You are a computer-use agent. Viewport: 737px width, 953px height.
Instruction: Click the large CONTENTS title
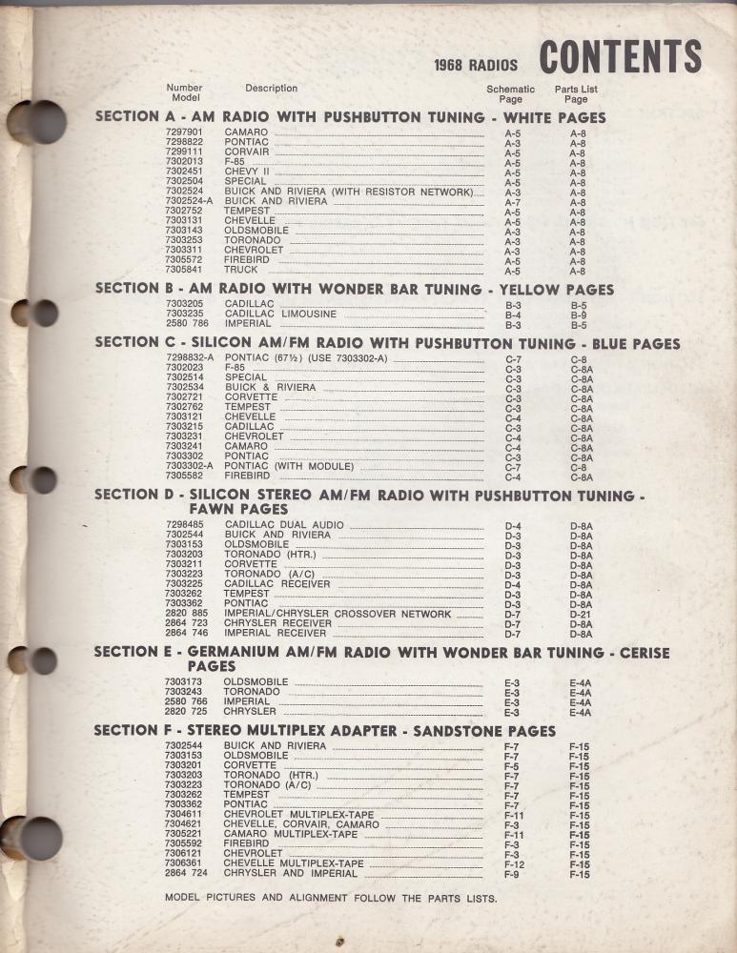point(620,56)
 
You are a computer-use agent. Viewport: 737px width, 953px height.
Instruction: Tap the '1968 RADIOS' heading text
point(476,66)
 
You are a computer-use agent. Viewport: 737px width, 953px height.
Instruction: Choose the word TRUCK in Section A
point(241,270)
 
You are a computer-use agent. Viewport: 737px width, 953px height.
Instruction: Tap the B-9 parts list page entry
point(578,314)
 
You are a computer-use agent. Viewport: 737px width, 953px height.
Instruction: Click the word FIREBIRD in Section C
point(247,476)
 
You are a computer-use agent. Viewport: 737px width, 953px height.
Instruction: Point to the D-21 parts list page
point(581,614)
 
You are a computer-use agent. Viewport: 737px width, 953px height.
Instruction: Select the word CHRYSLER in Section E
point(250,712)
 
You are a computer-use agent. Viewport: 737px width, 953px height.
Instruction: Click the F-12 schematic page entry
point(514,864)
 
